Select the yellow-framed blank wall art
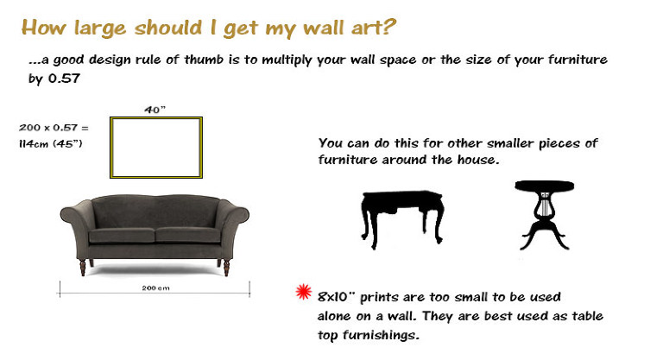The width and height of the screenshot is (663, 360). coord(155,146)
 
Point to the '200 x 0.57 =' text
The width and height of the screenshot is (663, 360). coord(53,127)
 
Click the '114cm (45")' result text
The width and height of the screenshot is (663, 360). coord(51,142)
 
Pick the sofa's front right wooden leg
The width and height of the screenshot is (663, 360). coord(225,268)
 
